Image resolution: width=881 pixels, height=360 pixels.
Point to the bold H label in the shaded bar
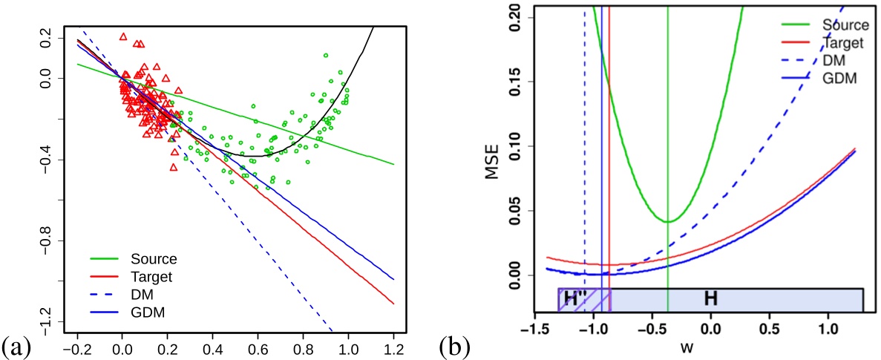(x=710, y=299)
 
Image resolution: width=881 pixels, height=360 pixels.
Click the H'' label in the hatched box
(x=575, y=299)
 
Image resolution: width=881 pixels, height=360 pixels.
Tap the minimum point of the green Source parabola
(x=668, y=221)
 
